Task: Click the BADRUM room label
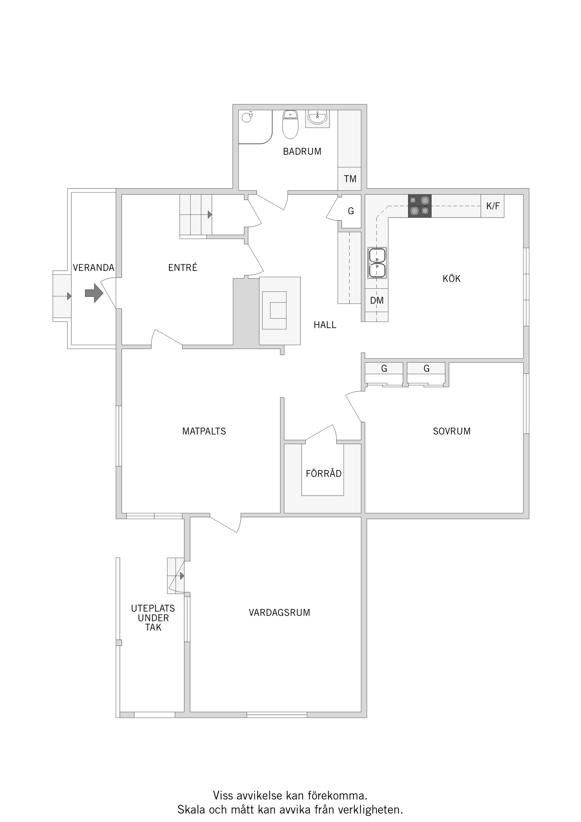[302, 151]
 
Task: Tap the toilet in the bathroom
[290, 124]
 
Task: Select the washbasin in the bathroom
[317, 119]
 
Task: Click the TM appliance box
[350, 179]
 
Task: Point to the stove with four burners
[419, 206]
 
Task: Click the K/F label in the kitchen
[493, 206]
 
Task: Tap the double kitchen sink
[377, 263]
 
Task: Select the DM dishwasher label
[377, 300]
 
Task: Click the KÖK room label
[451, 278]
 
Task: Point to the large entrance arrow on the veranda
[94, 293]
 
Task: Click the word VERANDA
[94, 268]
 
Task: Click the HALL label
[325, 325]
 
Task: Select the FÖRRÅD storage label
[323, 473]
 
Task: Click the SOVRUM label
[451, 431]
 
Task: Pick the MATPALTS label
[204, 431]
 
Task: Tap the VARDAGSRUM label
[279, 613]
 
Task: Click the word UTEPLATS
[153, 608]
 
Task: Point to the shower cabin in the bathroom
[255, 127]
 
